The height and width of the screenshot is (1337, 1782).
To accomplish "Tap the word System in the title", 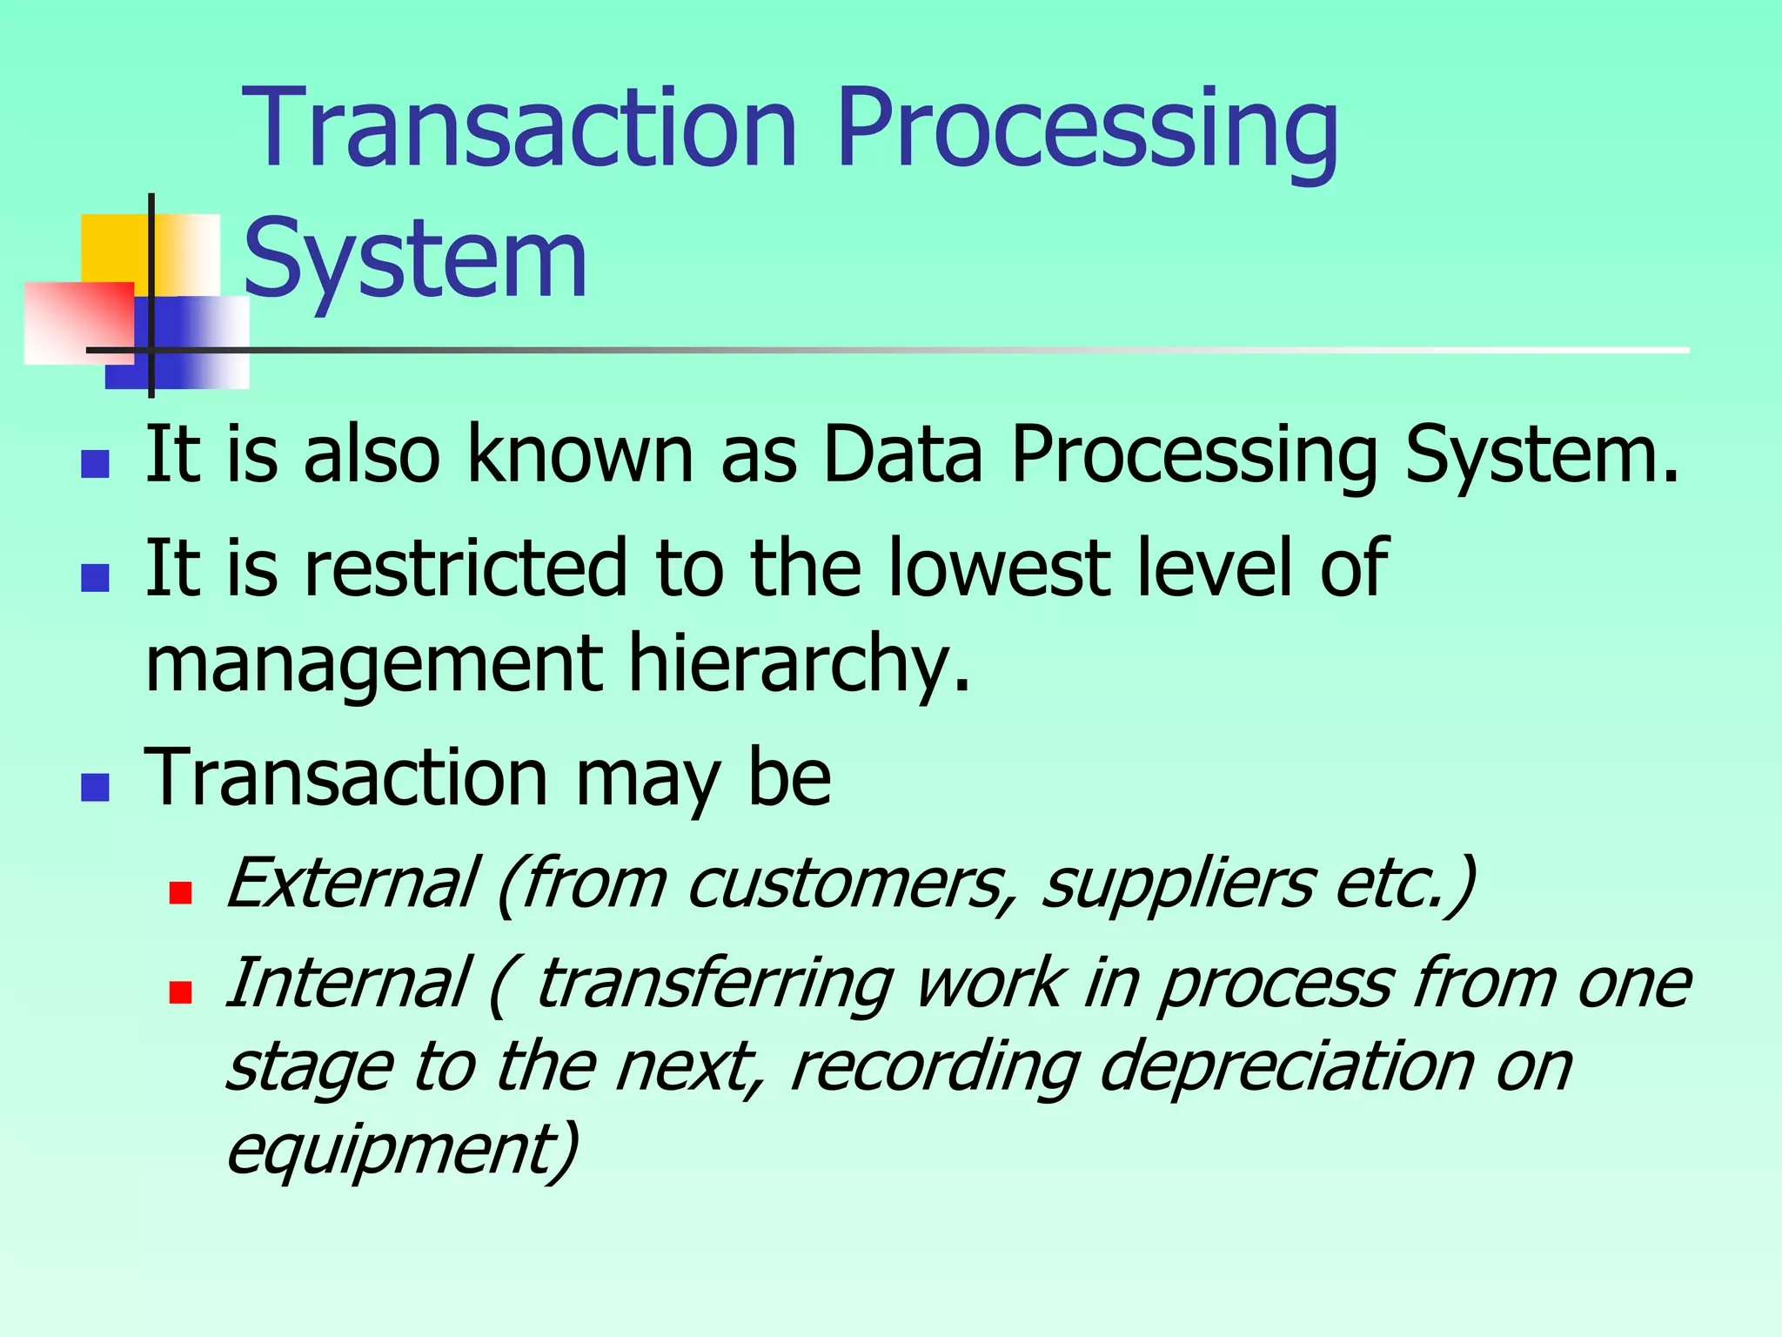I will point(415,259).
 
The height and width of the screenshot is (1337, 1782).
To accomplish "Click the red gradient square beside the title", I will point(78,322).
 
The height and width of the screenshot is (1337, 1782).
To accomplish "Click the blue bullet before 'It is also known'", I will point(95,464).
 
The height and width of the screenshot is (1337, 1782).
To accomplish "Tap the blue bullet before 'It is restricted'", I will point(95,578).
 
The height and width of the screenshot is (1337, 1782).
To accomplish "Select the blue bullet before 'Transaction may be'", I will point(95,787).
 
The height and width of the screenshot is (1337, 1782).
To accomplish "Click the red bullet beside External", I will point(180,893).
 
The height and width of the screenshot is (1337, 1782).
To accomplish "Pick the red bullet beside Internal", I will point(180,992).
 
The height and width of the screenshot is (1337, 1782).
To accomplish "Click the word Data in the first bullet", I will point(902,454).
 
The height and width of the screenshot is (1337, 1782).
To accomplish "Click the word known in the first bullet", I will point(580,454).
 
